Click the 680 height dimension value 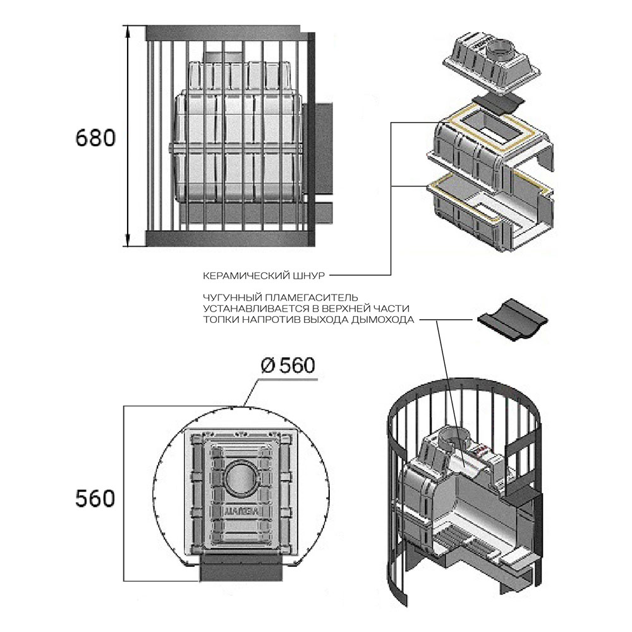click(95, 138)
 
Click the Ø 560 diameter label click(288, 365)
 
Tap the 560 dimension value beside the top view click(95, 498)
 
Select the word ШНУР click(311, 276)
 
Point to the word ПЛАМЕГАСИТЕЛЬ click(311, 298)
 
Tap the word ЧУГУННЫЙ click(232, 298)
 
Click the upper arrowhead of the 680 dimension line click(128, 32)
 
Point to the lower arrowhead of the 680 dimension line click(128, 240)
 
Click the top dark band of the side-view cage click(223, 33)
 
